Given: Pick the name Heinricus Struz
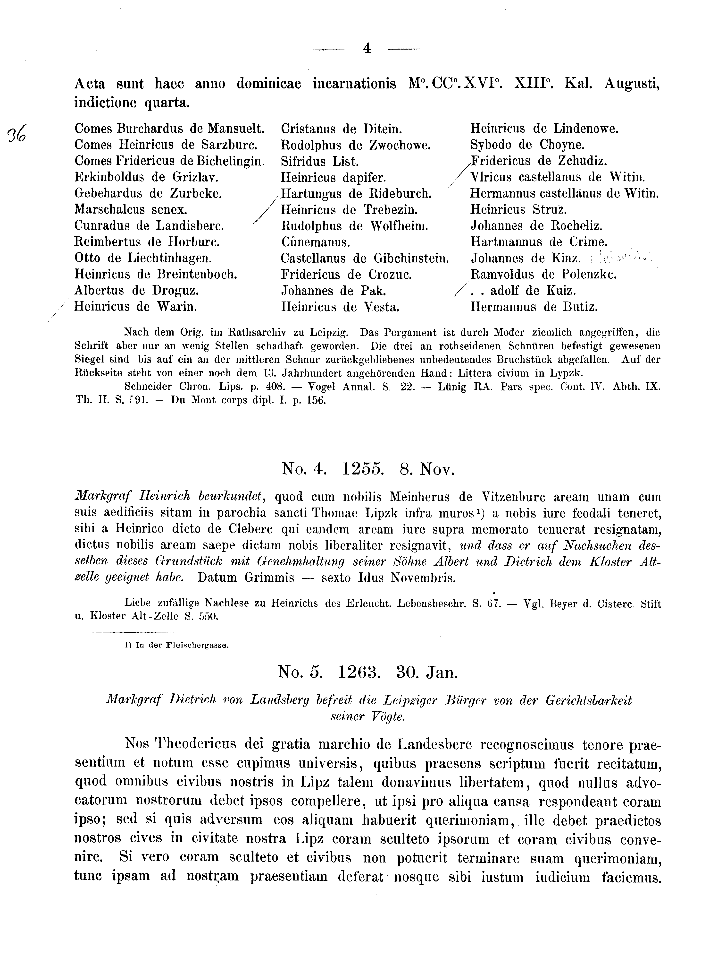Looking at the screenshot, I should point(518,210).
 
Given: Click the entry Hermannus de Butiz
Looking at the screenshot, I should point(534,307).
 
